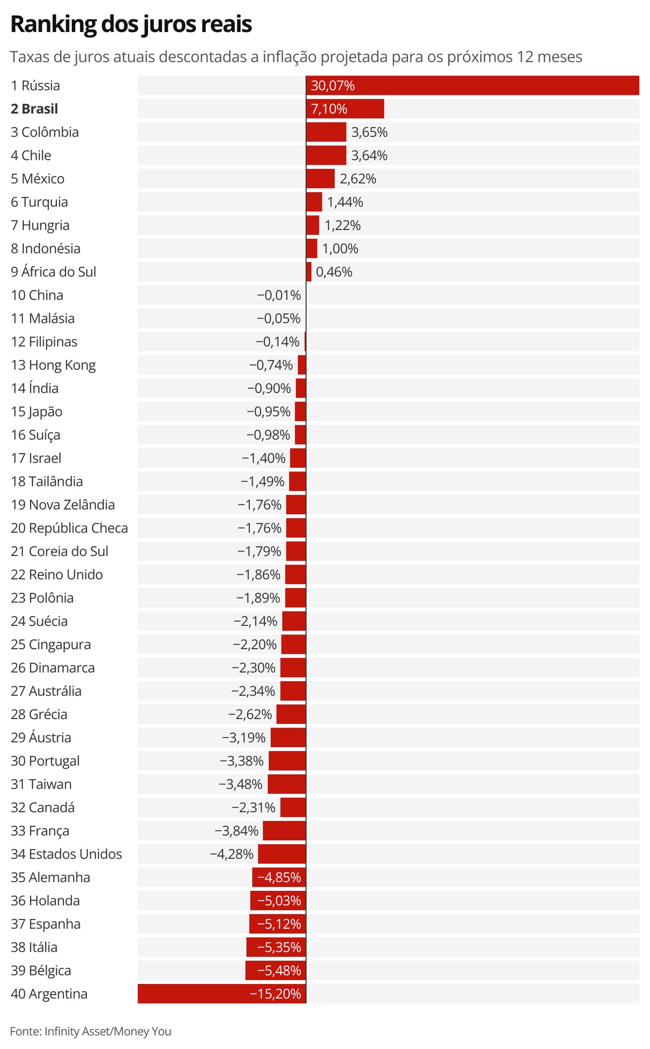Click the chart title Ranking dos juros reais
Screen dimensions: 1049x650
(x=131, y=25)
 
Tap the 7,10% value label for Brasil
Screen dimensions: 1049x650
(x=329, y=109)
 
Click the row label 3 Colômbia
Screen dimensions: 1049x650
(x=45, y=132)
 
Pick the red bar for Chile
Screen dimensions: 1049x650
(x=326, y=156)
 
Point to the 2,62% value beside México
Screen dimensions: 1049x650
(x=358, y=179)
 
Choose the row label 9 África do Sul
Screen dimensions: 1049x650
(x=54, y=272)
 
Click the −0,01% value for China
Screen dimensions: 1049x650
(x=279, y=295)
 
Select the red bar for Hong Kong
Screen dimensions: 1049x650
(x=302, y=365)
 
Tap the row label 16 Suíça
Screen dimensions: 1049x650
(x=36, y=435)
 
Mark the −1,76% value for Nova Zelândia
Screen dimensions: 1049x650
(x=259, y=505)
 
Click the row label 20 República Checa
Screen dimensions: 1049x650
(x=69, y=528)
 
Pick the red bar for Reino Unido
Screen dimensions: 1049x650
(x=296, y=575)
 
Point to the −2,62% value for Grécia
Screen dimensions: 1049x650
(x=250, y=715)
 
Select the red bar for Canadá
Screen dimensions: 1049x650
(x=293, y=808)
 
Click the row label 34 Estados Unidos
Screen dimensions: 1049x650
(x=67, y=854)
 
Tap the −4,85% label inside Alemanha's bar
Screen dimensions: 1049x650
(x=279, y=878)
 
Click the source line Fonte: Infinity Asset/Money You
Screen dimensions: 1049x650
(x=90, y=1031)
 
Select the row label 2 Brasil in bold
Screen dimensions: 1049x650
(x=34, y=109)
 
